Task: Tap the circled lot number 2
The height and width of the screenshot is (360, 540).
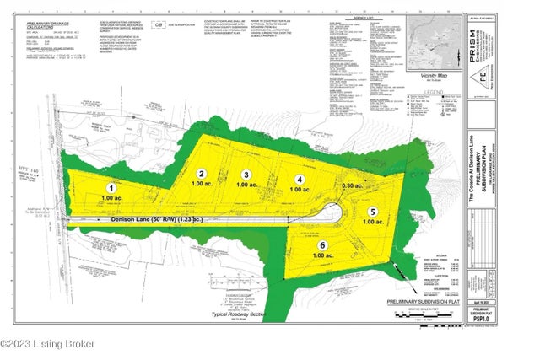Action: point(202,173)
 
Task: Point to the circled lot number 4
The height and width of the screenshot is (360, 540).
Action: point(298,180)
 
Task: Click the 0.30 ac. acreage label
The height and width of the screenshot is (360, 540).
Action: point(353,185)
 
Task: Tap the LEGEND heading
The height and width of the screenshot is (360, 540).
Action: point(435,91)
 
